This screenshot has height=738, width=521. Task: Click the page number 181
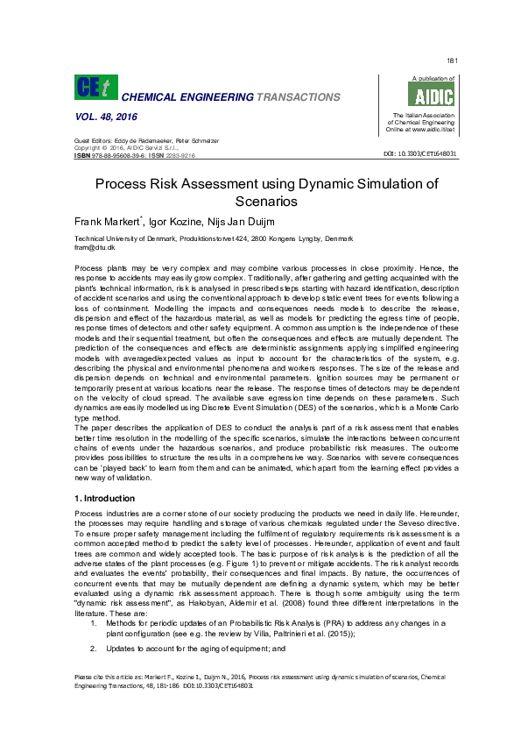click(452, 60)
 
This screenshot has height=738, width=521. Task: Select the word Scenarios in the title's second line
click(260, 202)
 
